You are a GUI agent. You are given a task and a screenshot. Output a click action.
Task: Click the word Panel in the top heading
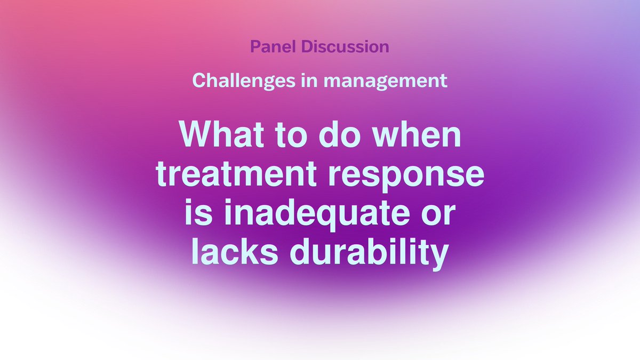[x=273, y=46]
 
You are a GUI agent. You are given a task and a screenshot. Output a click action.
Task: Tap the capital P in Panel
[x=255, y=46]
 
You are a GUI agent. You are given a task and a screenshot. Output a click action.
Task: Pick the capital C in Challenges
[x=198, y=81]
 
